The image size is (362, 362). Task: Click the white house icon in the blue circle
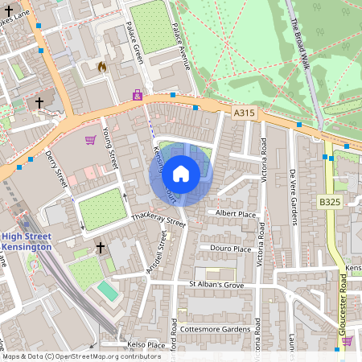point(181,172)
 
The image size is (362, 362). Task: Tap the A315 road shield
point(245,113)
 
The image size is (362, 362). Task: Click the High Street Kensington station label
point(26,241)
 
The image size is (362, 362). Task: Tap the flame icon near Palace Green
point(102,68)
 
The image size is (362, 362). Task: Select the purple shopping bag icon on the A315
point(138,95)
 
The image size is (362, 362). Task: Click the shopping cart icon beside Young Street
point(90,140)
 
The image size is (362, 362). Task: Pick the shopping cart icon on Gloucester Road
point(347,340)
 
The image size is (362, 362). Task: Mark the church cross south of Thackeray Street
point(101,247)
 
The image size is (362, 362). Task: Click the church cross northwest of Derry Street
point(39,102)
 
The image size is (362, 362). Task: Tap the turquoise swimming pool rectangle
point(106,289)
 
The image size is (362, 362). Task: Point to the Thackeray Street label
point(158,220)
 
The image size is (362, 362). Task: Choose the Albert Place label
point(235,212)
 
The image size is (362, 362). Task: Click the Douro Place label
point(232,249)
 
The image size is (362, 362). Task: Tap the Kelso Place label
point(146,345)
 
